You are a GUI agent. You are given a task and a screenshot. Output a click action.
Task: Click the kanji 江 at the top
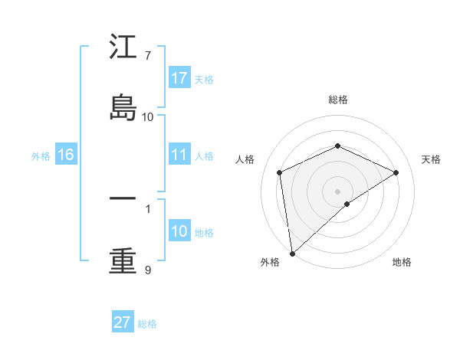(123, 49)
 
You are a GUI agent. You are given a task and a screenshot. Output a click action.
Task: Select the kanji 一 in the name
(123, 198)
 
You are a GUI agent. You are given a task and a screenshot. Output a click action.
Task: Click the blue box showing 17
(179, 78)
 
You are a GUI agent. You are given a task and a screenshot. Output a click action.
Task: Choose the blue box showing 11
(179, 155)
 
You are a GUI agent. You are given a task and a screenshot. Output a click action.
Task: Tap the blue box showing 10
(179, 231)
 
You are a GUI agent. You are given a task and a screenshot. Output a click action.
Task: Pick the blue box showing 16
(66, 155)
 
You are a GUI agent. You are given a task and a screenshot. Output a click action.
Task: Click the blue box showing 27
(123, 322)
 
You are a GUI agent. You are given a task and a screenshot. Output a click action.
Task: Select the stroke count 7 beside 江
(147, 56)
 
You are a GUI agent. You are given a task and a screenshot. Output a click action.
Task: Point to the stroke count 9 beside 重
(147, 270)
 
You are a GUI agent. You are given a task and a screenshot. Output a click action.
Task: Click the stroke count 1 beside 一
(147, 207)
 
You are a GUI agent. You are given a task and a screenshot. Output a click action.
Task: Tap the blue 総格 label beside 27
(147, 324)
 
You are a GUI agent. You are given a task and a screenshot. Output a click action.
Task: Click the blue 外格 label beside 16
(41, 156)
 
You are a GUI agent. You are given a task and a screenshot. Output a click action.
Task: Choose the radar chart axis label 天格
(431, 159)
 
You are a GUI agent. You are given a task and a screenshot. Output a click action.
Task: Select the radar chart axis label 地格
(402, 262)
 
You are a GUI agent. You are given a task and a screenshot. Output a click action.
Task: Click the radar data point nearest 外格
(291, 254)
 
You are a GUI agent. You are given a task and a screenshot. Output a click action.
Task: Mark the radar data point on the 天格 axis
(396, 172)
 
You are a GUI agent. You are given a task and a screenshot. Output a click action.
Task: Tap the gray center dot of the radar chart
(337, 191)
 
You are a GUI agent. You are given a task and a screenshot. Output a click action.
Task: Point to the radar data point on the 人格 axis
(280, 172)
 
